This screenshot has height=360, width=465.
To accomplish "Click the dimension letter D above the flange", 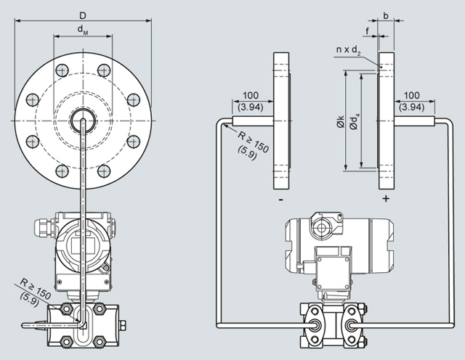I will (x=83, y=15).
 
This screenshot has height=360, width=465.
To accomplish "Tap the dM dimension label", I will (x=83, y=30).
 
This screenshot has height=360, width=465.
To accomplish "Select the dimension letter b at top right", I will (x=385, y=15).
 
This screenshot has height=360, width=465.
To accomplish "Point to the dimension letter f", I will (x=366, y=30).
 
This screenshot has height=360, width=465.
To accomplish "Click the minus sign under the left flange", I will (x=280, y=197).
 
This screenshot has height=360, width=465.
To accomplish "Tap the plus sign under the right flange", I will (x=386, y=197).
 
